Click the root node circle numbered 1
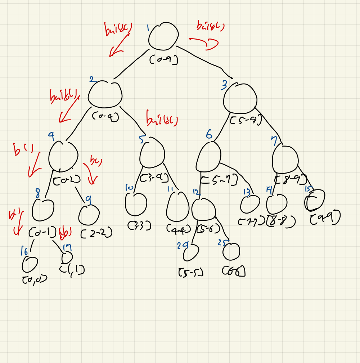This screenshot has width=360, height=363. [x=163, y=36]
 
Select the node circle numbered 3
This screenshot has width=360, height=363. [x=240, y=98]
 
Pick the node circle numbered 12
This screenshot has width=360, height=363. [x=203, y=208]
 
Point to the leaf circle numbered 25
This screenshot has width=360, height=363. [x=231, y=251]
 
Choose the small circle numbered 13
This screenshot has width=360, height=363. [x=250, y=205]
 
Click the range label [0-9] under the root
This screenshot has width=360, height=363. [x=164, y=60]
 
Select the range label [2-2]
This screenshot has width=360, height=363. [x=96, y=234]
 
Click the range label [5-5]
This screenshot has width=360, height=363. [x=191, y=273]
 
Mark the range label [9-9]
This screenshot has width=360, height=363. [x=325, y=218]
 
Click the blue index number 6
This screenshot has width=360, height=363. [x=209, y=135]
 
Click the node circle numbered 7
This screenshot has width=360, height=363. [x=285, y=159]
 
